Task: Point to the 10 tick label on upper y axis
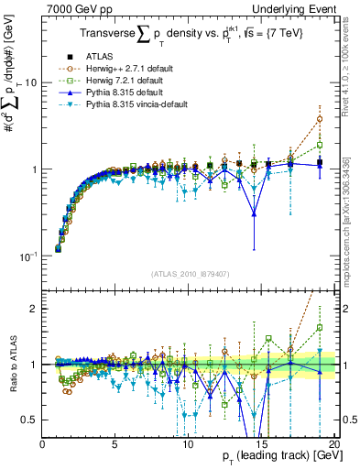pyautogui.click(x=30, y=82)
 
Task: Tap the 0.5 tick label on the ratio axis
pyautogui.click(x=29, y=420)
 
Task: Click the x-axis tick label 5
pyautogui.click(x=115, y=444)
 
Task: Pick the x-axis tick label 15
pyautogui.click(x=259, y=444)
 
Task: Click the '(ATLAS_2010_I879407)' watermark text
pyautogui.click(x=189, y=272)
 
